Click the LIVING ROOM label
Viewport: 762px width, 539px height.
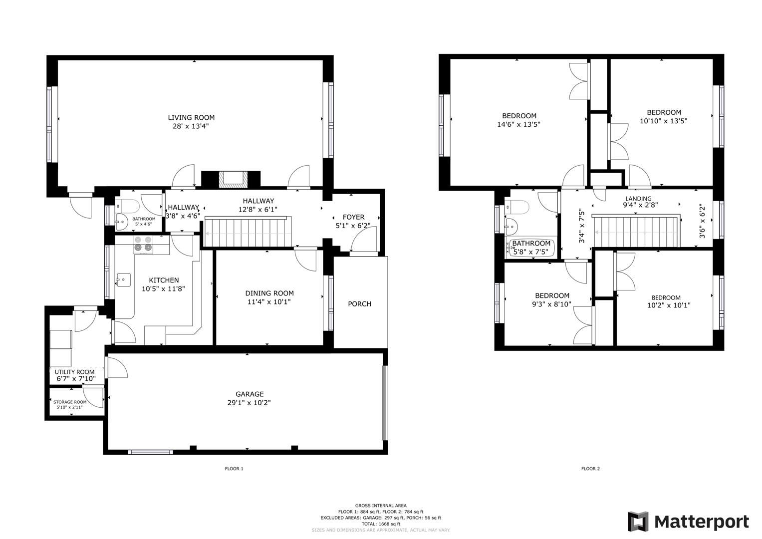[x=191, y=118]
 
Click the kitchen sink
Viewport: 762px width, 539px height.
[x=123, y=279]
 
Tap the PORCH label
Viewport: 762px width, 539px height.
[x=359, y=304]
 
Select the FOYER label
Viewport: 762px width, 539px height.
[x=353, y=217]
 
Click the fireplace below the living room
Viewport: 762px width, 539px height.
[x=231, y=178]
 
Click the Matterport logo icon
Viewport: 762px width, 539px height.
[x=637, y=522]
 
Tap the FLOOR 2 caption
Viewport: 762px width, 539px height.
[x=590, y=469]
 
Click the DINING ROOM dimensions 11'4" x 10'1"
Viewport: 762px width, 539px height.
[x=269, y=302]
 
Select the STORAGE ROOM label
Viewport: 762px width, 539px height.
[x=70, y=402]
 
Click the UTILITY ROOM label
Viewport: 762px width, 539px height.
[x=74, y=372]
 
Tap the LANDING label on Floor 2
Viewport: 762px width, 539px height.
[x=638, y=198]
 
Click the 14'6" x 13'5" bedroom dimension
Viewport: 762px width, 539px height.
[x=518, y=125]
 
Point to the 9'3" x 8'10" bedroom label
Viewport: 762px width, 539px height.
[x=552, y=295]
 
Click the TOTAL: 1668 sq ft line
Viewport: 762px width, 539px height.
[x=381, y=524]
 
